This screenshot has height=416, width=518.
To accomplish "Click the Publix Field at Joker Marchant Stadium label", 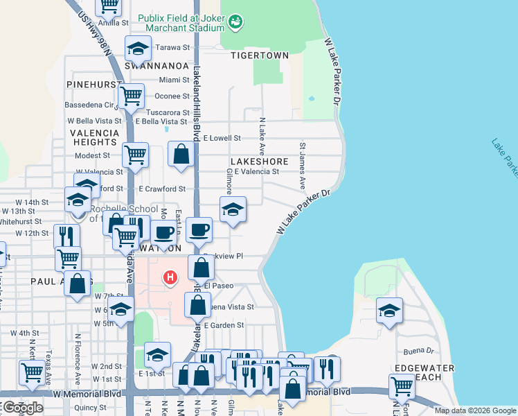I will point(181,23).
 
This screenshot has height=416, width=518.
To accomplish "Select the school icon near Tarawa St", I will point(138,49).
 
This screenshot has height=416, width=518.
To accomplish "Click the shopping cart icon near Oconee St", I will point(131,96).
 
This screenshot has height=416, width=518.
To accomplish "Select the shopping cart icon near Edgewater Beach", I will point(402,385).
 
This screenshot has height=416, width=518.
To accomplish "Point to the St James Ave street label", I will point(303,166).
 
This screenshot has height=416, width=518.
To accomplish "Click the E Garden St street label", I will point(222,325).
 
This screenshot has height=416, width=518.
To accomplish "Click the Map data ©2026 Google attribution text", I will point(475,410).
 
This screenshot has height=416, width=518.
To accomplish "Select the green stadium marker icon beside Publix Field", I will point(237,22).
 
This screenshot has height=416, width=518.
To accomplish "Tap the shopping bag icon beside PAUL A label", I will point(78,283).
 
